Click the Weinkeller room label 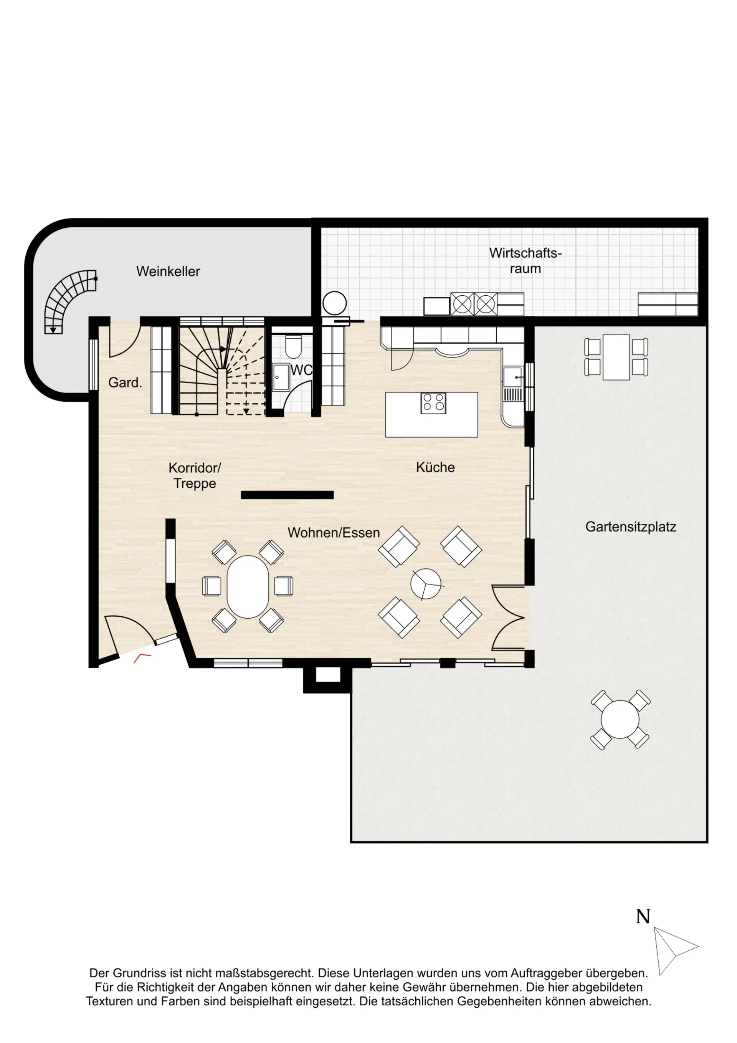pos(168,271)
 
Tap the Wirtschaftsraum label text pos(525,260)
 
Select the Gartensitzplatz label pos(631,526)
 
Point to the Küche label pos(435,467)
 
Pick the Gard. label pos(125,382)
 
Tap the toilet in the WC pos(293,347)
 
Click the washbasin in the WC pos(281,377)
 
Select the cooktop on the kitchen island pos(433,402)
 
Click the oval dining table pos(248,586)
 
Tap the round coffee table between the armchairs pos(425,584)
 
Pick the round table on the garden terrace pos(620,720)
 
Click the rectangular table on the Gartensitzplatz pos(616,357)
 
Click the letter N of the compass pos(643,917)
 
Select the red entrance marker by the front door pos(142,658)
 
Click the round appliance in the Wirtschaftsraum pos(335,303)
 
